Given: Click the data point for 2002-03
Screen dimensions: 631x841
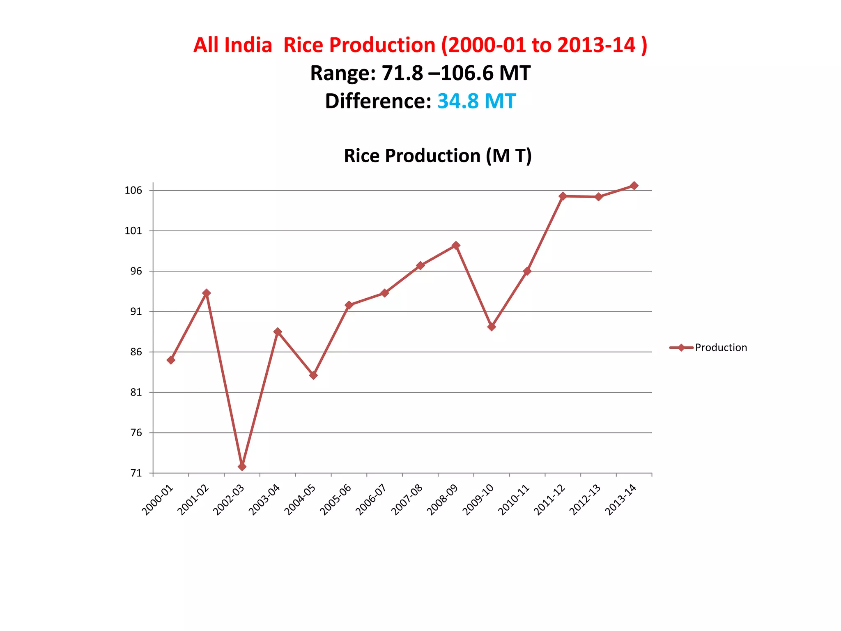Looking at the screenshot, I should click(242, 467).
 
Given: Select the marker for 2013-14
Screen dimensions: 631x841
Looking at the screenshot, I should click(634, 186).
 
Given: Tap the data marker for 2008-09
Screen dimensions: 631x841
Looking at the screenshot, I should click(456, 246).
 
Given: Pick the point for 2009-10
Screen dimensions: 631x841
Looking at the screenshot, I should click(492, 327).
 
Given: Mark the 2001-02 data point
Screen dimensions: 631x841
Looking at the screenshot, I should click(207, 293).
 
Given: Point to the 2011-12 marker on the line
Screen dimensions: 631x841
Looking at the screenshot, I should click(563, 196).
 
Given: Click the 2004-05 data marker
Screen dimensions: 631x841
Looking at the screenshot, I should click(313, 375).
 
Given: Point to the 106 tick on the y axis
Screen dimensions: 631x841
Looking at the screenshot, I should click(133, 190).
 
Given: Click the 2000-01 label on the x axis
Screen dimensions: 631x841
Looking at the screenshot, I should click(158, 500).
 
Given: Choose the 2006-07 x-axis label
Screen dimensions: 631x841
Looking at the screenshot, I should click(371, 500).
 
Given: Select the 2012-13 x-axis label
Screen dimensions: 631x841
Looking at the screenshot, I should click(585, 500).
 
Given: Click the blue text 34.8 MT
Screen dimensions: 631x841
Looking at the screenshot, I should click(476, 101).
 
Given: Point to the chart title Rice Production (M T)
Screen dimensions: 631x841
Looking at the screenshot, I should click(438, 156).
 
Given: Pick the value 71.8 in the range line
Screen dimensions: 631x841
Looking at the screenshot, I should click(402, 74).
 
